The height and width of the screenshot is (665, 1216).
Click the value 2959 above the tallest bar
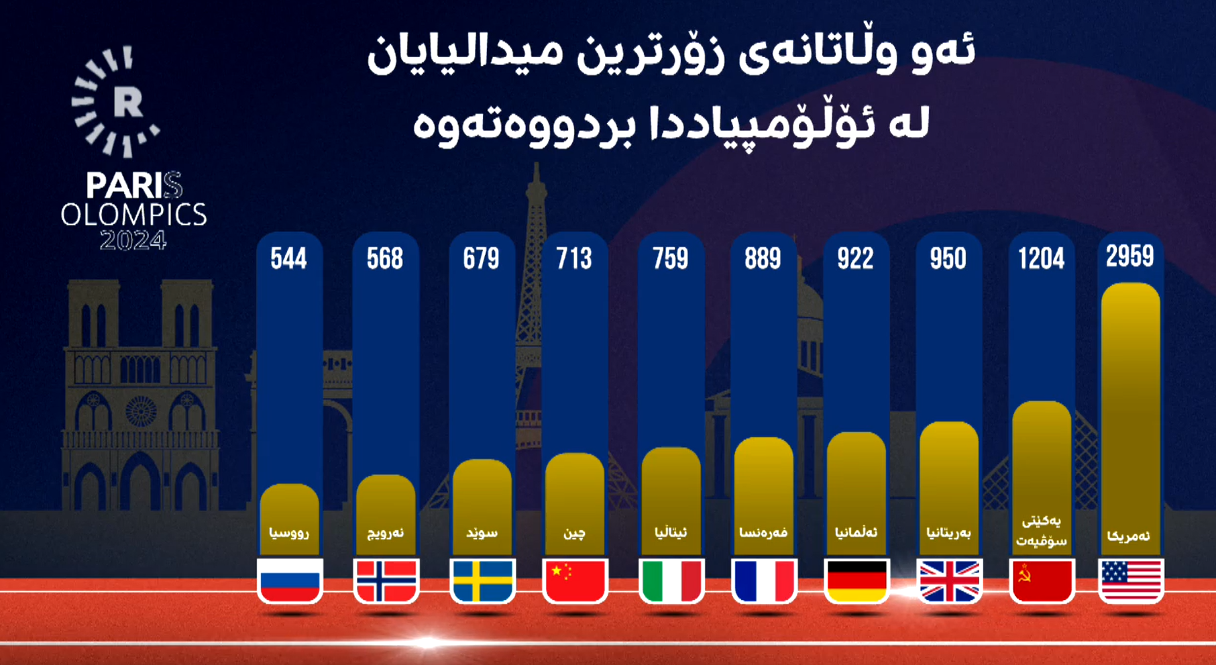(1130, 256)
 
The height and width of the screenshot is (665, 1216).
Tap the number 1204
(1041, 258)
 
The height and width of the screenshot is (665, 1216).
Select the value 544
(288, 258)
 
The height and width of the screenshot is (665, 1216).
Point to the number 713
(574, 258)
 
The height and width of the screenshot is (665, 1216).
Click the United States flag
(1131, 580)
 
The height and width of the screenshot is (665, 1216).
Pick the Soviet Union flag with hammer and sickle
(1041, 580)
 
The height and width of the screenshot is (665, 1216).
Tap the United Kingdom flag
(948, 580)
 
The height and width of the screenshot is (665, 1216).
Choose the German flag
(856, 580)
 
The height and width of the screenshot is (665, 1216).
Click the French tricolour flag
(764, 580)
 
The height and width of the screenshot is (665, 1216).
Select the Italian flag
(671, 580)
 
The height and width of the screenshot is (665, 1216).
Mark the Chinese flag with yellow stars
(575, 580)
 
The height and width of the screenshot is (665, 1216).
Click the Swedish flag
(482, 580)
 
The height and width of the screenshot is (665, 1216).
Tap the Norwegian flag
(386, 580)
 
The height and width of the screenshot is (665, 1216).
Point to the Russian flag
(289, 580)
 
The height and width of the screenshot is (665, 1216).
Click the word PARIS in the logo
(133, 186)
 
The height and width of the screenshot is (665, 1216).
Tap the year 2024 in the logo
(133, 240)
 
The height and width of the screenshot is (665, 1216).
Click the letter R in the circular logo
(127, 102)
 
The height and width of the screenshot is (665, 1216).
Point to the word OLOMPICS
(133, 215)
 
